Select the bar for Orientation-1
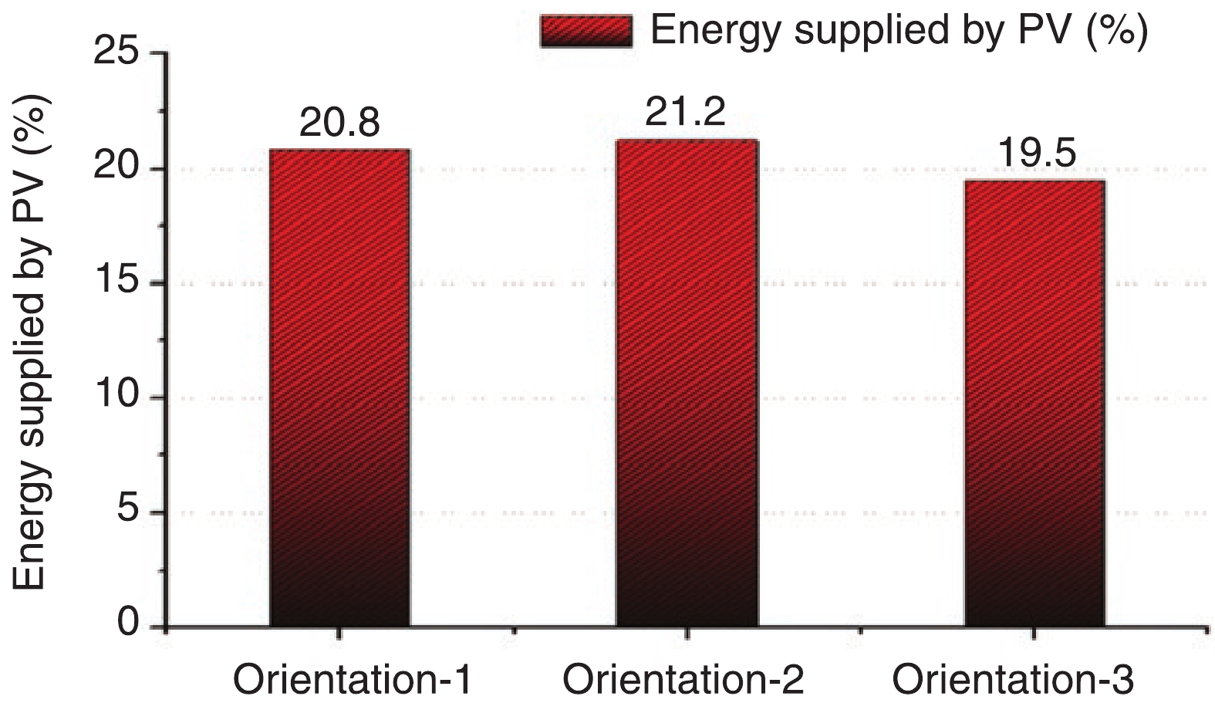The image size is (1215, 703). (x=339, y=386)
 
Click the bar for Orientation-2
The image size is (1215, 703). (x=686, y=382)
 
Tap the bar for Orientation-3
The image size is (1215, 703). (x=1034, y=401)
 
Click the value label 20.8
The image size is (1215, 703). (x=339, y=123)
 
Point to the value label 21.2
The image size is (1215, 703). (x=686, y=113)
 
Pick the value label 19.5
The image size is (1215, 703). (x=1036, y=153)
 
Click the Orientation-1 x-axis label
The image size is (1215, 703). (x=352, y=681)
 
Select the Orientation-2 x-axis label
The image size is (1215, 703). (x=683, y=681)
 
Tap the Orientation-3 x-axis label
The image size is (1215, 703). (x=1013, y=681)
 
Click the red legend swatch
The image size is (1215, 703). (x=586, y=31)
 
